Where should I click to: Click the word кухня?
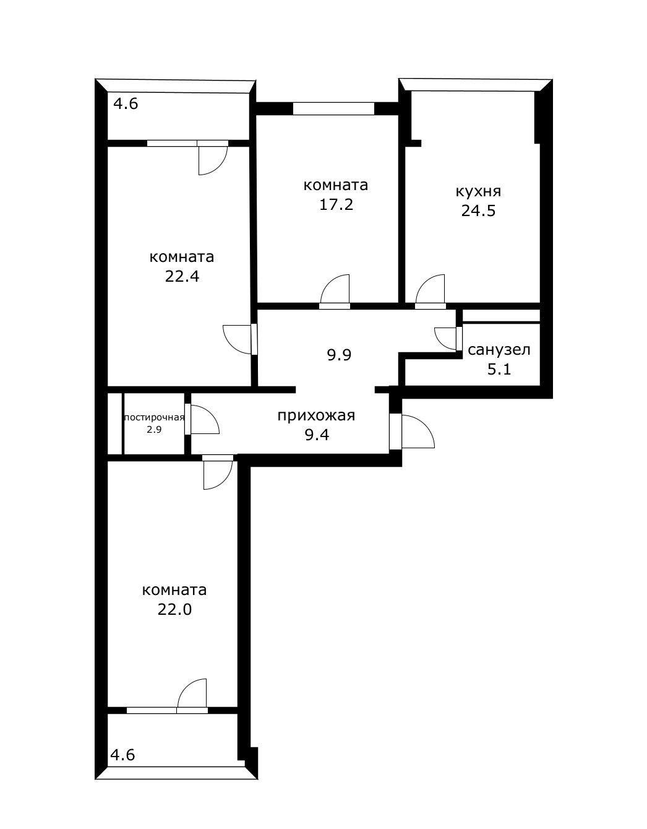tap(478, 192)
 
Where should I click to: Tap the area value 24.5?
tap(478, 211)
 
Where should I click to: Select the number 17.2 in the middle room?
tap(336, 205)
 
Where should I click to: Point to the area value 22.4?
tap(182, 276)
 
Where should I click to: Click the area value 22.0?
tap(174, 609)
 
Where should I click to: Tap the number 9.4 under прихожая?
tap(317, 435)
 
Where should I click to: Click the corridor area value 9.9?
tap(339, 355)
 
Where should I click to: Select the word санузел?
tap(499, 350)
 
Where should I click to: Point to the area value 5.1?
tap(499, 369)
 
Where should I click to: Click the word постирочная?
tap(154, 418)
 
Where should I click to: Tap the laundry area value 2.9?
tap(154, 430)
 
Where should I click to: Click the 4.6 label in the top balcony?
tap(126, 104)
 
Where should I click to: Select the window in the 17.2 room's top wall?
tap(334, 108)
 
